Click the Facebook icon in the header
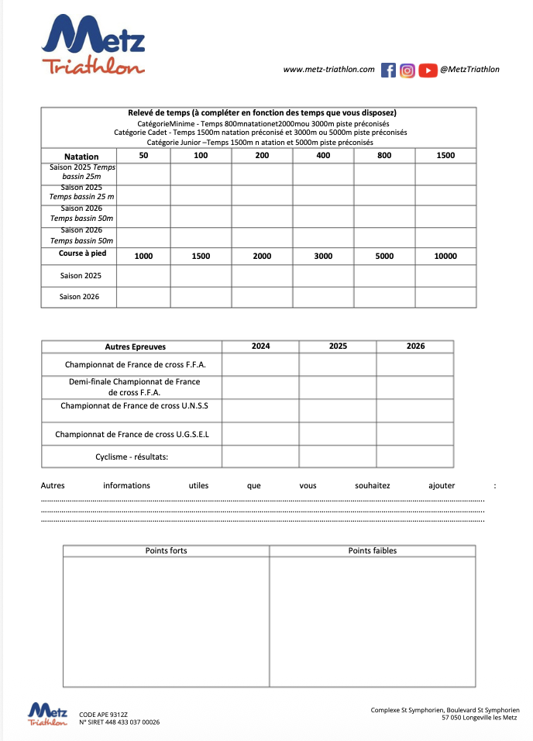[389, 70]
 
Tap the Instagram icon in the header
[407, 70]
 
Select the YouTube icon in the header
[428, 70]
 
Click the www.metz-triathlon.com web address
[329, 70]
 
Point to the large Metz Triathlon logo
[94, 47]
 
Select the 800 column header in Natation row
[384, 156]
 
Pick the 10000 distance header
[445, 256]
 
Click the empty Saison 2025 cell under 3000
[323, 276]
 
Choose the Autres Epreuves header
[136, 346]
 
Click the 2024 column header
[261, 346]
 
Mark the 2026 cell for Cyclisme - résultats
[415, 457]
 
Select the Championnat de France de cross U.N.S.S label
[135, 405]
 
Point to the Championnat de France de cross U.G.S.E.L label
[132, 435]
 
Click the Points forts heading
[167, 551]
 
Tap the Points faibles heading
[373, 551]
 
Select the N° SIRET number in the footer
[119, 722]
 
